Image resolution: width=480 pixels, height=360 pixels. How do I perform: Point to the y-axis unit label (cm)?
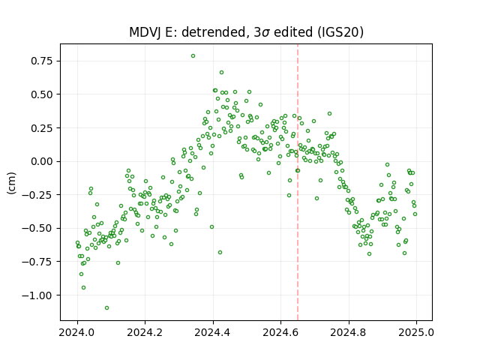coord(12,183)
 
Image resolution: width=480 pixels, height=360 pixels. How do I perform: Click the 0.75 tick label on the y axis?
coord(42,61)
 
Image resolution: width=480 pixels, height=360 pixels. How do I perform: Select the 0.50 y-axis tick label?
coord(42,94)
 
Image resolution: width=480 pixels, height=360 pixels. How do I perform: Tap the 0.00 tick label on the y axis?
coord(42,161)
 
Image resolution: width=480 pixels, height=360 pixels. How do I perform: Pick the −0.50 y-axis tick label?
coord(37,228)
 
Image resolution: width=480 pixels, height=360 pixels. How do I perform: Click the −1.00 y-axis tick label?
coord(37,295)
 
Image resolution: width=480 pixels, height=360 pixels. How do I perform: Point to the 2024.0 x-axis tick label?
coord(77,332)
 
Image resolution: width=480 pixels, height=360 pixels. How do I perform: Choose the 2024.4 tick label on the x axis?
coord(213,332)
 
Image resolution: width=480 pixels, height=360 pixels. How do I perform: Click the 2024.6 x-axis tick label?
coord(280,332)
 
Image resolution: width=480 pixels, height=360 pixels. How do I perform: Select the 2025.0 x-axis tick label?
coord(416,332)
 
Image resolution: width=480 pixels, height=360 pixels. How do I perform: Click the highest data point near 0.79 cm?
coord(193,56)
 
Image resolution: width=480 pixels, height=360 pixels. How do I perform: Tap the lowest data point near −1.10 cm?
coord(106,308)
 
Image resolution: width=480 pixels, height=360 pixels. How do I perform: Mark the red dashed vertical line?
coord(298,182)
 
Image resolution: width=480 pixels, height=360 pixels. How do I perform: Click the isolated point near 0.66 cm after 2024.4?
coord(222,73)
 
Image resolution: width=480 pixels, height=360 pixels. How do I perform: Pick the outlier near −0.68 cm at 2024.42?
coord(220,253)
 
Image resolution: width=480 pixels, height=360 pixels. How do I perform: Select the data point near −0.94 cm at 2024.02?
coord(83,288)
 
